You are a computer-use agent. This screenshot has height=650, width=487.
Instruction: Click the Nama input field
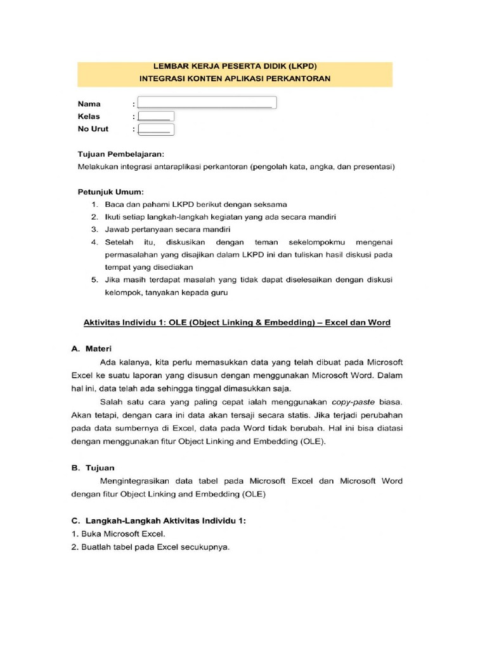pyautogui.click(x=207, y=103)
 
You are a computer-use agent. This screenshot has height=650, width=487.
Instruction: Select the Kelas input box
pyautogui.click(x=156, y=117)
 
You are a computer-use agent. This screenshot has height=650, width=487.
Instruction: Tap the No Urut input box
pyautogui.click(x=156, y=129)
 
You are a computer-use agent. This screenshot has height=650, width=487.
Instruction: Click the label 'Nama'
pyautogui.click(x=89, y=103)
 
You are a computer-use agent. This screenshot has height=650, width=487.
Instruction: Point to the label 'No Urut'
pyautogui.click(x=93, y=129)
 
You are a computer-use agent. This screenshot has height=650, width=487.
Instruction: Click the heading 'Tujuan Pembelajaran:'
pyautogui.click(x=121, y=155)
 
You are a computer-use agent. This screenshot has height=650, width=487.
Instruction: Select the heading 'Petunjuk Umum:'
pyautogui.click(x=111, y=192)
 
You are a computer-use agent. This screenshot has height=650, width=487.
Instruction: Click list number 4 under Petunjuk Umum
pyautogui.click(x=94, y=242)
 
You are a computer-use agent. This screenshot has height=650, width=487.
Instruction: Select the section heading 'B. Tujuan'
pyautogui.click(x=93, y=468)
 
